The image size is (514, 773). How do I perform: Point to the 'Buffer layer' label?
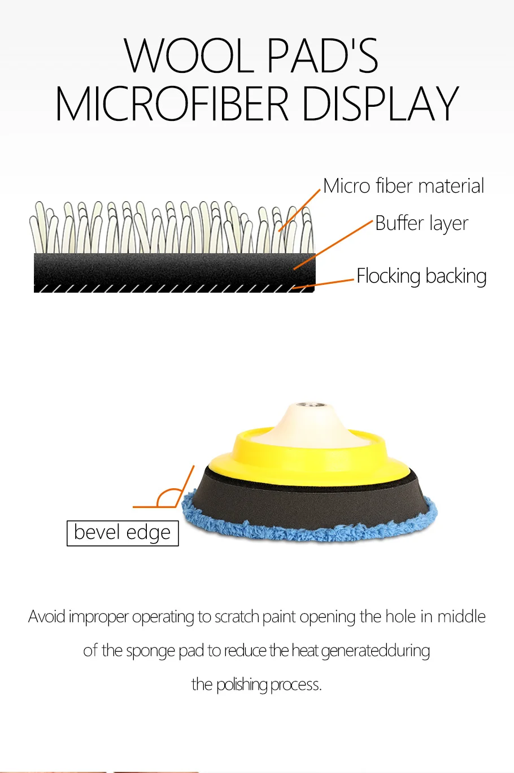421,223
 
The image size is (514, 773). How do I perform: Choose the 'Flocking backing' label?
421,276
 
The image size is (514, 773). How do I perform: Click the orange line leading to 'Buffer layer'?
333,245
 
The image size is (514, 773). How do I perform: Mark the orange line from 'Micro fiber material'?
299,210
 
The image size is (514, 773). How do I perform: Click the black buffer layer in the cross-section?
175,269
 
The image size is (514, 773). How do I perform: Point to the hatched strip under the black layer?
174,289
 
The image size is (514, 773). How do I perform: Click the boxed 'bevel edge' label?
123,533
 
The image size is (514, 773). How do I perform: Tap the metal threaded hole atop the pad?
309,405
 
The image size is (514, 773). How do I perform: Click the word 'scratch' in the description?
237,616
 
